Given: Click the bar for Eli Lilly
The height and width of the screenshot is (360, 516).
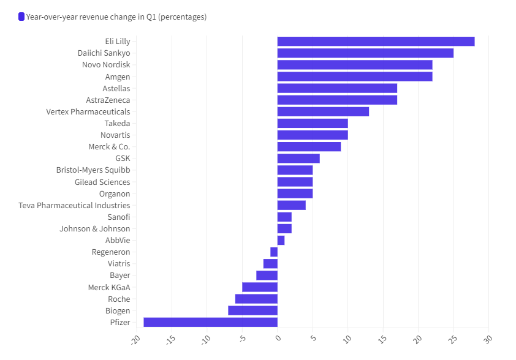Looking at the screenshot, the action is tap(376, 42).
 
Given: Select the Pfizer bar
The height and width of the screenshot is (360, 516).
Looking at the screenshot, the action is tap(211, 322).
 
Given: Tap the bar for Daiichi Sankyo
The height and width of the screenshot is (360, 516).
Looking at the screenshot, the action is tap(365, 53).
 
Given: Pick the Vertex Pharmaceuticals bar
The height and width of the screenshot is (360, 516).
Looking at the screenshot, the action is tap(323, 111).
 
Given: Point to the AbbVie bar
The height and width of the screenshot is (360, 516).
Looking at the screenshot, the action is tap(281, 241).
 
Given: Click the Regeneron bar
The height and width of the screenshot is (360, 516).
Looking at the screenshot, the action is tap(274, 252).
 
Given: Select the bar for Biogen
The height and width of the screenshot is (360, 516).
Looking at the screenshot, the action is tap(252, 310).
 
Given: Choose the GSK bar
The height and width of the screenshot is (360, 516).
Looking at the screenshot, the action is tap(298, 159).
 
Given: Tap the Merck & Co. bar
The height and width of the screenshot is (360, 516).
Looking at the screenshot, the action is tap(309, 146).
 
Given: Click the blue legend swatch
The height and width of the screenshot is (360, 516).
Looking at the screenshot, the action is tap(21, 17).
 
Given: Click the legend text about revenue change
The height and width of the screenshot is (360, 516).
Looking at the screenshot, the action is tap(116, 17).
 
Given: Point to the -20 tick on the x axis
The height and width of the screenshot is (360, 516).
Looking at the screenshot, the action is tap(135, 340).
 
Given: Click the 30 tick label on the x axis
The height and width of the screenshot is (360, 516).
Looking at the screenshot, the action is tap(488, 339).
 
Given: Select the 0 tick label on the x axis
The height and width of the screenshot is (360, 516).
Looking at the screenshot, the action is tap(278, 338).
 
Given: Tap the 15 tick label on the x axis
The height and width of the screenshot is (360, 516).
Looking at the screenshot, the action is tap(382, 339).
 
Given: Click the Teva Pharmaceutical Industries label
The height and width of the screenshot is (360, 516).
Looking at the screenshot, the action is tap(74, 206).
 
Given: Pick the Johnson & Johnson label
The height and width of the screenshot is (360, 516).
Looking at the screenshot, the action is tap(95, 229).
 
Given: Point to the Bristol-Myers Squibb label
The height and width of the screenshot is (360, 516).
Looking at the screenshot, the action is tap(93, 170).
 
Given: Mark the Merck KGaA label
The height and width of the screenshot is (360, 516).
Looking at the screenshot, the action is tap(109, 287).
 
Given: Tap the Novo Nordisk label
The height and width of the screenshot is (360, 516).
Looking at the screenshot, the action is tap(106, 65).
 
